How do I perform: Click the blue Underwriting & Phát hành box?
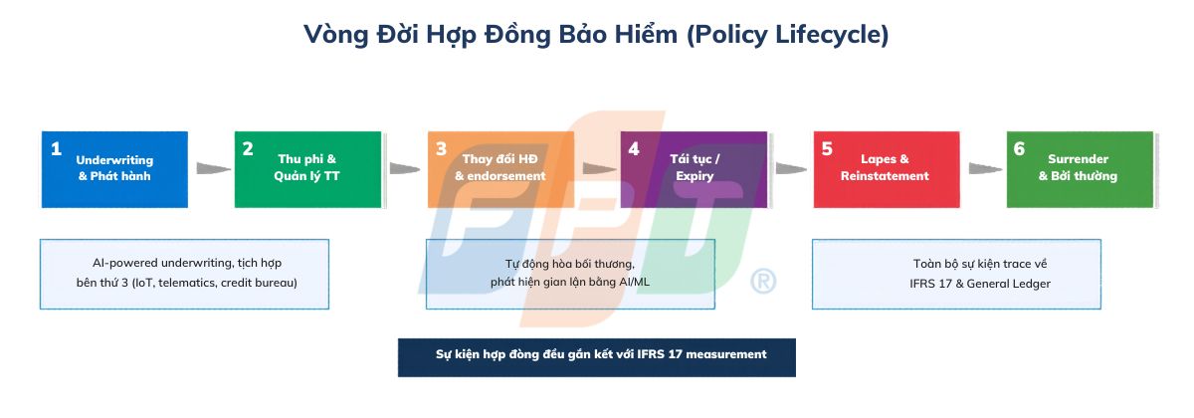point(114,169)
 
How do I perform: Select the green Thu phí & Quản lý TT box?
point(307,169)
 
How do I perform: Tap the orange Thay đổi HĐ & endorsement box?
point(500,169)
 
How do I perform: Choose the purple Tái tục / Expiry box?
point(694,169)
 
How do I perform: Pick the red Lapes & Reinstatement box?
point(886,169)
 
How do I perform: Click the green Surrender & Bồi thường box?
point(1080,169)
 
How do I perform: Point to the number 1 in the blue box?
point(56,149)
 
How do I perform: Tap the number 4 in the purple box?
point(634,149)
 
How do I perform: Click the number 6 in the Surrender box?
point(1019,149)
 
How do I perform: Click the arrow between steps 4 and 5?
point(791,169)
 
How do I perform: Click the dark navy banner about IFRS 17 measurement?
point(597,355)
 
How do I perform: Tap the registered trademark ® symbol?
point(763,282)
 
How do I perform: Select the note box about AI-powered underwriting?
point(184,274)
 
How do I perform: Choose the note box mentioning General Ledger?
point(956,274)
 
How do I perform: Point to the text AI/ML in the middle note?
point(633,283)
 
